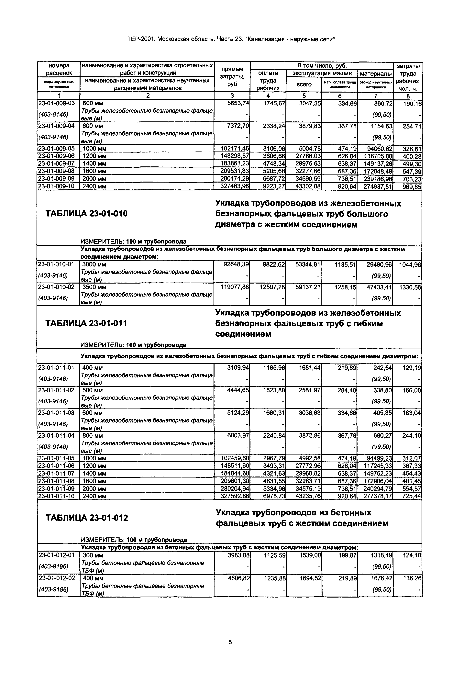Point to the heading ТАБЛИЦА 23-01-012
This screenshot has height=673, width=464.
[x=87, y=518]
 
